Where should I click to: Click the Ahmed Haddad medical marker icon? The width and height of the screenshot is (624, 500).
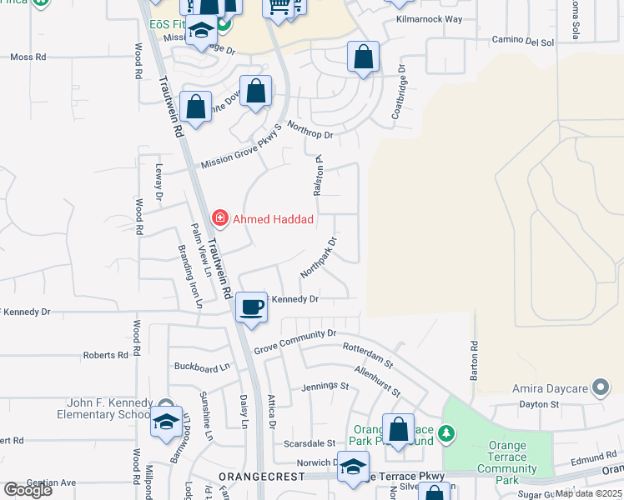tap(220, 219)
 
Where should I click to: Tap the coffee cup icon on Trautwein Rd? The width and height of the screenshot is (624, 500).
tap(251, 307)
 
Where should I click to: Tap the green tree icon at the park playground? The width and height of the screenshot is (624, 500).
tap(447, 433)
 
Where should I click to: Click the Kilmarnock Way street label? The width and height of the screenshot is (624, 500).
tap(429, 18)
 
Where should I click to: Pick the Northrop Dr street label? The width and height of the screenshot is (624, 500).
tap(309, 130)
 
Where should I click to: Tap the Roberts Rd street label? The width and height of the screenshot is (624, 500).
tap(106, 355)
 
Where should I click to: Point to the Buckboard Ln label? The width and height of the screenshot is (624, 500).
tap(201, 367)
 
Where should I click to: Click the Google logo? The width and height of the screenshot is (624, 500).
tap(28, 489)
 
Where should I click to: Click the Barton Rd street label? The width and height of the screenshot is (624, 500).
tap(473, 361)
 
